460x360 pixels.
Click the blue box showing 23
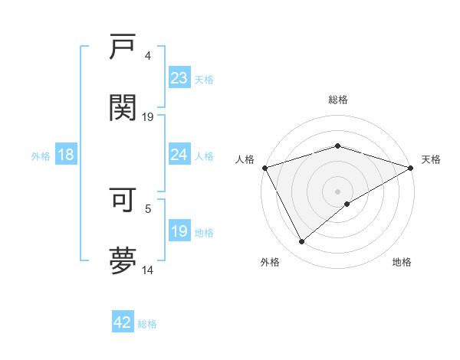tap(179, 77)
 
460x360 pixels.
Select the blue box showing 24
tap(179, 155)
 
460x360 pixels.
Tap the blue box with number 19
tap(179, 231)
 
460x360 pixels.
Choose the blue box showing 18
tap(66, 155)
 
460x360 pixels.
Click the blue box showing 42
tap(123, 322)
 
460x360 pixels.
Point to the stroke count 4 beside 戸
tap(147, 55)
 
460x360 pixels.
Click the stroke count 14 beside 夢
tap(148, 270)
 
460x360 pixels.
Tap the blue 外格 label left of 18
tap(41, 156)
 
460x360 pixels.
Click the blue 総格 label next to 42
tap(147, 324)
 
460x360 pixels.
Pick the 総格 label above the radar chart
tap(338, 100)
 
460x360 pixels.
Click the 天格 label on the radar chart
tap(431, 159)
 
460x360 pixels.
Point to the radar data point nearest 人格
tap(264, 167)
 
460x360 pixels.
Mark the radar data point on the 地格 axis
tap(348, 204)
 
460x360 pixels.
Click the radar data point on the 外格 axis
tap(302, 242)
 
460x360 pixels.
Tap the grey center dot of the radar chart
tap(338, 191)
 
